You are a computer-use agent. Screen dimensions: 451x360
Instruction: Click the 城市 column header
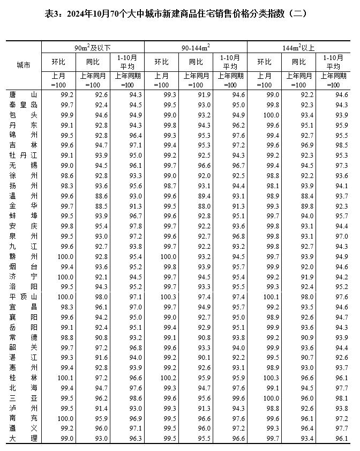click(23, 64)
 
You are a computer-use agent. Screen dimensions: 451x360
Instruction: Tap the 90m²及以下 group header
click(93, 47)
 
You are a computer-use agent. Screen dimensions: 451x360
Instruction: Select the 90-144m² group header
click(196, 47)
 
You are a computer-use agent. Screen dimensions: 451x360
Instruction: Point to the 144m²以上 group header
click(298, 47)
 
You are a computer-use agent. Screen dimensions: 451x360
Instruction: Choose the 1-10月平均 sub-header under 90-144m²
click(230, 62)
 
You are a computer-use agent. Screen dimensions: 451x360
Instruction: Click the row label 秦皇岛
click(23, 105)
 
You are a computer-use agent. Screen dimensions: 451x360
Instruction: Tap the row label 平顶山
click(23, 297)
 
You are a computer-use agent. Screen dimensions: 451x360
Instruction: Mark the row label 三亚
click(23, 398)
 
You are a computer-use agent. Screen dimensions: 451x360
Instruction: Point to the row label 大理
click(23, 438)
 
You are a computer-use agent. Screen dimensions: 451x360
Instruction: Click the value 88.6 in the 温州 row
click(93, 196)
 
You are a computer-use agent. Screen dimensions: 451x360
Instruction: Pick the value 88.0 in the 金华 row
click(197, 206)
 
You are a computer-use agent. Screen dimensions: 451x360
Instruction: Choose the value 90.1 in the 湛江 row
click(197, 357)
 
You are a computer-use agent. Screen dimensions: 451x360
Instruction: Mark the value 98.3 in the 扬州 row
click(59, 186)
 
